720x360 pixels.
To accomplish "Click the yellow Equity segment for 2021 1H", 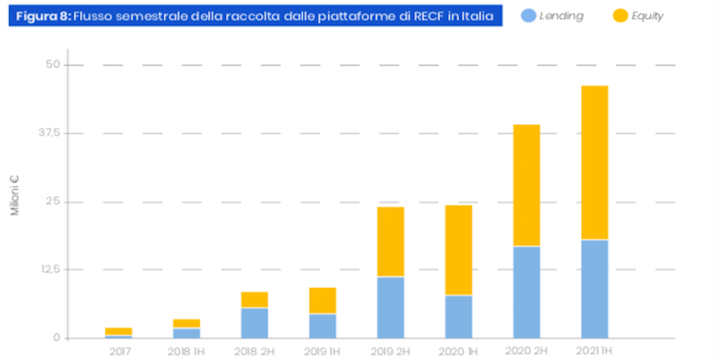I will (595, 162).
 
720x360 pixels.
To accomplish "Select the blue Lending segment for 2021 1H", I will (595, 289).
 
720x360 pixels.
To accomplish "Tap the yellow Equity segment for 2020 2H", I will (526, 184).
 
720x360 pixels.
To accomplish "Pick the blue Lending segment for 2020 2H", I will (526, 292).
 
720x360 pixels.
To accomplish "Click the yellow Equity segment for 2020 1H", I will (458, 249).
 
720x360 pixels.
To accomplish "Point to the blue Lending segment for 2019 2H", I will (390, 307).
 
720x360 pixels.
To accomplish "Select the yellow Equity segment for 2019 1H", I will (321, 301).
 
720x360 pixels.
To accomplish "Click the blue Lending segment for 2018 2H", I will (254, 322).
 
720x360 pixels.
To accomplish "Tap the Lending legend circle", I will (529, 16).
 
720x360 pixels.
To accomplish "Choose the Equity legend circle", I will (618, 16).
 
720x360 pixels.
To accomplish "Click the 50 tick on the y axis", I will (52, 65).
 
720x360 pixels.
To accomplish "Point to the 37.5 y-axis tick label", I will (49, 133).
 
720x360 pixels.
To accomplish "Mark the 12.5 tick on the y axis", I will (49, 270).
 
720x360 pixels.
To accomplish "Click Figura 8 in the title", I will (41, 16).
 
